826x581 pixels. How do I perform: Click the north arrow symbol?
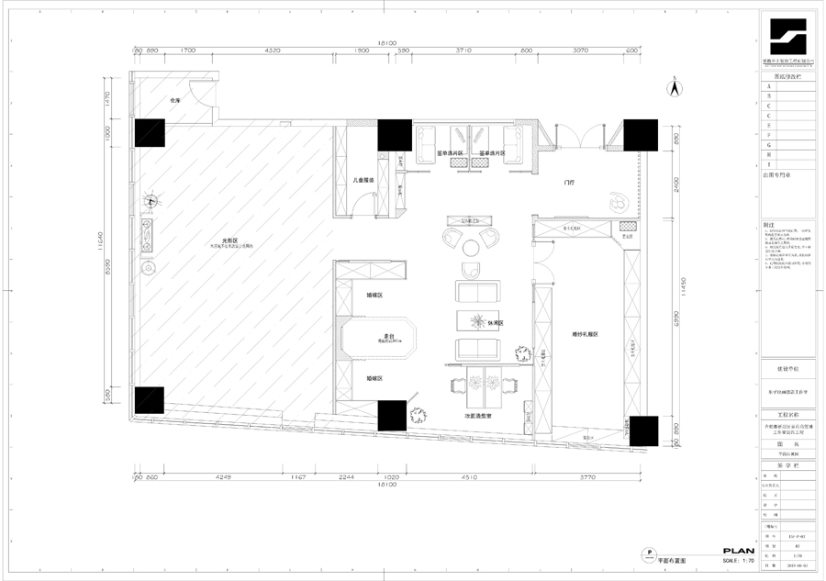tap(674, 89)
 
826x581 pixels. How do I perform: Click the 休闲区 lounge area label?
tap(496, 323)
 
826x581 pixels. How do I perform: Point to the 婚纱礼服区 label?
tap(585, 334)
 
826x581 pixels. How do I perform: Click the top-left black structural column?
tap(150, 133)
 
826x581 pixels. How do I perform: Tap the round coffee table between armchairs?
tap(470, 246)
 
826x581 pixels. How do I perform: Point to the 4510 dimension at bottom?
tap(469, 477)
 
